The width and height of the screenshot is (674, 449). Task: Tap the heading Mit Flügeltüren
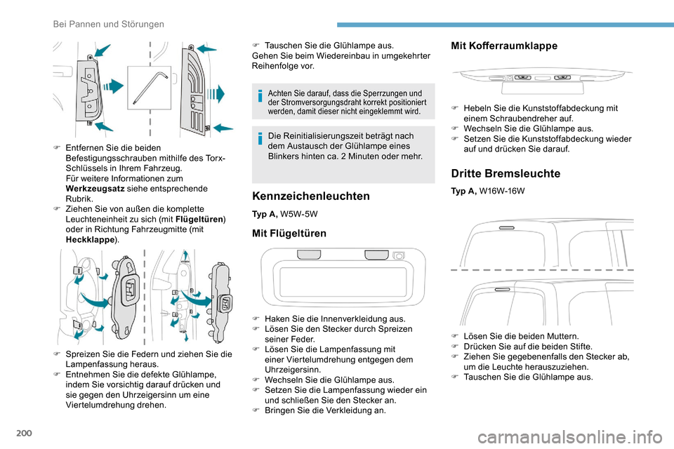click(x=289, y=233)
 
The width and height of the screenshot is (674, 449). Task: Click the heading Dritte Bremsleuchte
click(x=496, y=173)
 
